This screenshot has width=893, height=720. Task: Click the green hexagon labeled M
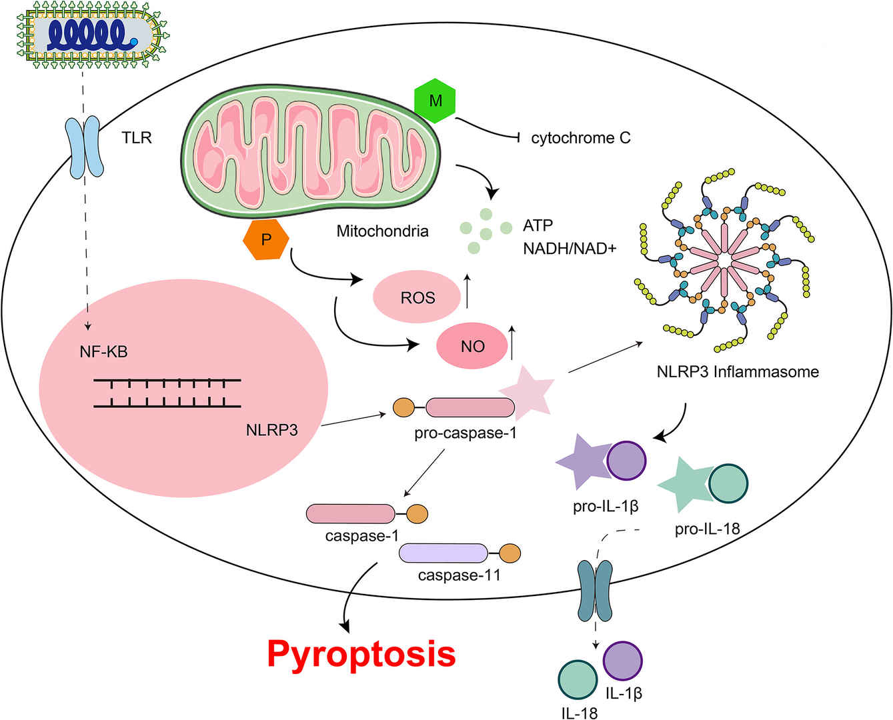(x=435, y=101)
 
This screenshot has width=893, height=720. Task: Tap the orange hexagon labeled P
(x=266, y=239)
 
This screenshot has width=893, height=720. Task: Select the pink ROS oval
(x=417, y=297)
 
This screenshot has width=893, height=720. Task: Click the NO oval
(x=472, y=346)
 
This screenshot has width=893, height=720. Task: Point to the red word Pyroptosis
(x=361, y=653)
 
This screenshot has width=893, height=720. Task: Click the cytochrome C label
(x=580, y=138)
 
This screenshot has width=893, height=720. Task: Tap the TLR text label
(x=137, y=138)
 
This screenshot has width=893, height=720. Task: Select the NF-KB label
(x=103, y=351)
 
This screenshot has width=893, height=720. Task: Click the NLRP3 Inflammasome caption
(x=738, y=371)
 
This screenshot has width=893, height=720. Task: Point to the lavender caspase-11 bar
(x=443, y=553)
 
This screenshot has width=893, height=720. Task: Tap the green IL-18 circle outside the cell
(x=578, y=681)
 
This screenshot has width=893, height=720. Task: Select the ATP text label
(x=538, y=225)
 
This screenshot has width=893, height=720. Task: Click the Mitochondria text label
(x=382, y=231)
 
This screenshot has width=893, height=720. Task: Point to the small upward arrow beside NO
(x=512, y=342)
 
